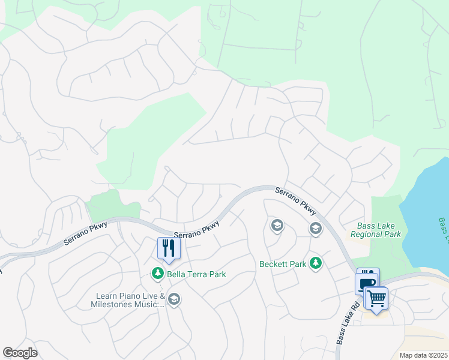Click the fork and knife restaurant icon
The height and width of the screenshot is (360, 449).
pos(168,248)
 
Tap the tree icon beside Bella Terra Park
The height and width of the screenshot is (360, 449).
pos(157,274)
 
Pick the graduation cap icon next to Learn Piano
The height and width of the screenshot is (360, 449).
pos(173,299)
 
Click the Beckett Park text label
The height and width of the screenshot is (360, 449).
pos(283,263)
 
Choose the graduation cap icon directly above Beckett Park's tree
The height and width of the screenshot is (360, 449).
pos(315,229)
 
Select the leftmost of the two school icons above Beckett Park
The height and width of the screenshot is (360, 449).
pos(277,226)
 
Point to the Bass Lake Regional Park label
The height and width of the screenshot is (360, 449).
pos(379,230)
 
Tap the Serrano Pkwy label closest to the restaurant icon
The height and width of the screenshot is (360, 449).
pos(197,231)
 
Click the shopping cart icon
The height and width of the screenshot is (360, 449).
pos(376,297)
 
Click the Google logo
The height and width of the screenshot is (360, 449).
pos(20,353)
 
